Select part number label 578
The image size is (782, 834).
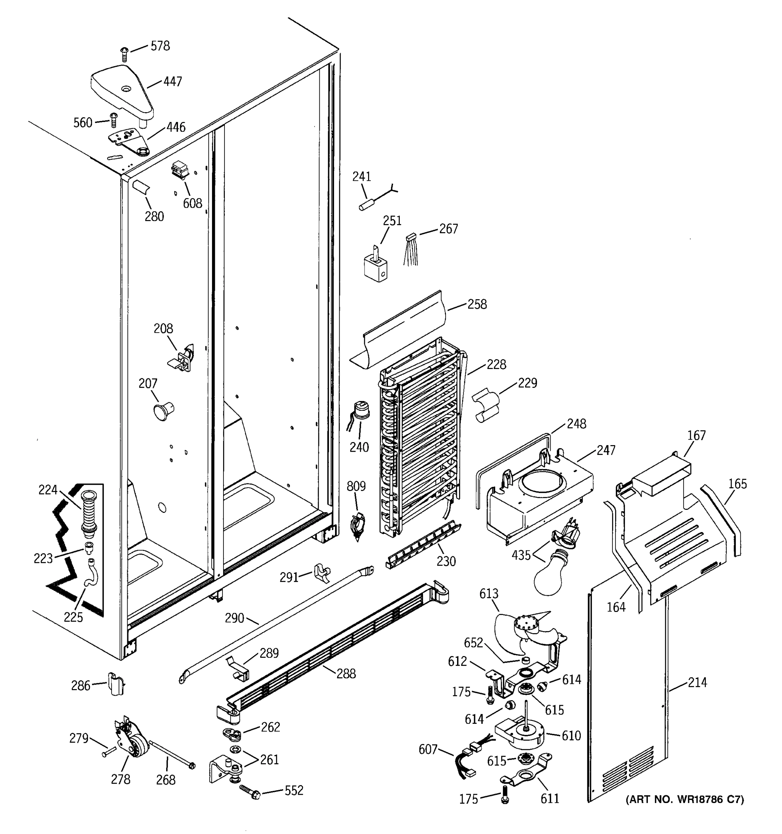coord(160,46)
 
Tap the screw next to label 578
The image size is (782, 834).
coord(124,54)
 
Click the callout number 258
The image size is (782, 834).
coord(477,304)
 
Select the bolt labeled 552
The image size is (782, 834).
coord(251,791)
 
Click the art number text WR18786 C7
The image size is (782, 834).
coord(685,800)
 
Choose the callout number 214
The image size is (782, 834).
coord(697,682)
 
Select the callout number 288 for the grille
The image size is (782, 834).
coord(346,674)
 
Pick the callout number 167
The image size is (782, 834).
coord(697,435)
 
